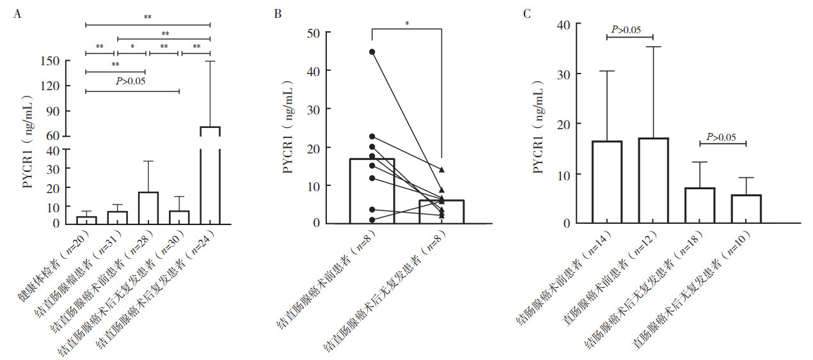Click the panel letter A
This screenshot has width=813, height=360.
click(17, 14)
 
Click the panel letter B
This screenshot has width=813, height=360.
click(278, 14)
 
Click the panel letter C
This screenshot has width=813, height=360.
click(527, 14)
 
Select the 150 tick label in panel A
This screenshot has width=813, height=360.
click(50, 61)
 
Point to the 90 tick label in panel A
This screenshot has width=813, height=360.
click(53, 111)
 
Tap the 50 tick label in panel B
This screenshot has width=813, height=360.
click(313, 33)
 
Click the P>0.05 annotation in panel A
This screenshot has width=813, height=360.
click(130, 81)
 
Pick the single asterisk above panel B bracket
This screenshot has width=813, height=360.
click(407, 23)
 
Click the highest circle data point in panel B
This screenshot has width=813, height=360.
click(372, 52)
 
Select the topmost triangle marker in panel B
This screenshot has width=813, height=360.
click(442, 169)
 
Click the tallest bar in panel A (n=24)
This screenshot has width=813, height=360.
click(210, 175)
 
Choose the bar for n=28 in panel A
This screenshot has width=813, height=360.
click(148, 208)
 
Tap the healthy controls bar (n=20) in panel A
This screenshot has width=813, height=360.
click(86, 220)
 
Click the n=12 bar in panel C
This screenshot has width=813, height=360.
click(653, 180)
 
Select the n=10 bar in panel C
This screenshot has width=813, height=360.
click(746, 209)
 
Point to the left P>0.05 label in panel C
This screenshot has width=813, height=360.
click(626, 29)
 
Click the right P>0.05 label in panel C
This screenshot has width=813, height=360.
click(721, 137)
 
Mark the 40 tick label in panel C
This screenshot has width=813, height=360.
click(564, 24)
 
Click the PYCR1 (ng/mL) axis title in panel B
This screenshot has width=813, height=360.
click(288, 127)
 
